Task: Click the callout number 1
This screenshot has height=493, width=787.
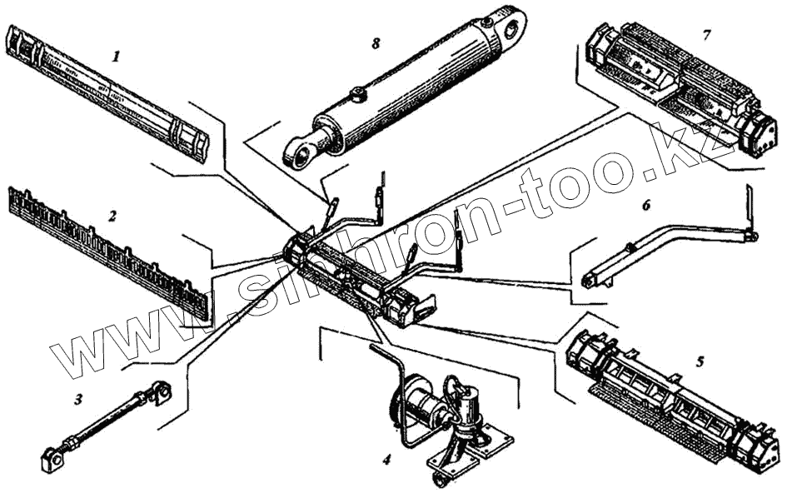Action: click(117, 57)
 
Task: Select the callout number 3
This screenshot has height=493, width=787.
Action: click(79, 399)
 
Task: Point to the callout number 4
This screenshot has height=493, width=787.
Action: click(386, 458)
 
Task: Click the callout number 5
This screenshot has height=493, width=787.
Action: click(700, 361)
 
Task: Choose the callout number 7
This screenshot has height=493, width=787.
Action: click(706, 35)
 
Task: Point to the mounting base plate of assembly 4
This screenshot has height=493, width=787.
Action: click(471, 450)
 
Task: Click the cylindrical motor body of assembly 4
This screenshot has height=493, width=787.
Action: click(424, 408)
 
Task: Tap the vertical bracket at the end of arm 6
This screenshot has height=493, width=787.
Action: click(749, 212)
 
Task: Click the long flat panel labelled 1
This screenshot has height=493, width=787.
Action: click(108, 92)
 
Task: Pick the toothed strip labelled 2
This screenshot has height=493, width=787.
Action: click(108, 250)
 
